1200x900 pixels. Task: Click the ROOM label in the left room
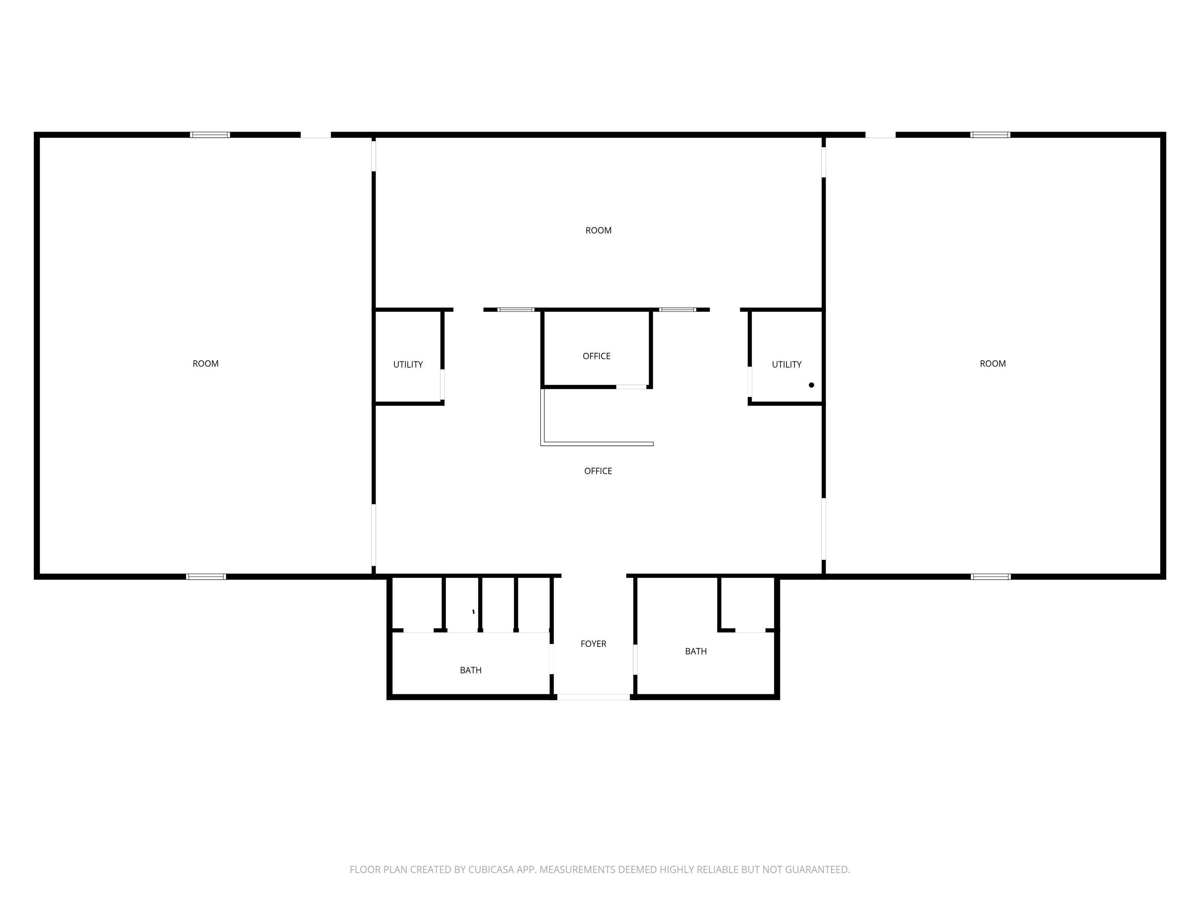(x=205, y=363)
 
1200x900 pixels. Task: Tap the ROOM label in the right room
(x=992, y=363)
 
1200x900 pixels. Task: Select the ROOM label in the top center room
(x=598, y=230)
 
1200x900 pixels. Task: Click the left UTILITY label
(x=408, y=364)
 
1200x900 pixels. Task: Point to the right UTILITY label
(x=786, y=364)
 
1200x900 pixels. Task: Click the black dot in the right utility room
(x=811, y=385)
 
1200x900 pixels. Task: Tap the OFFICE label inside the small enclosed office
(x=596, y=356)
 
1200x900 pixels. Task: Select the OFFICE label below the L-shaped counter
(x=598, y=471)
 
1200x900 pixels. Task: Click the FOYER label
(x=593, y=643)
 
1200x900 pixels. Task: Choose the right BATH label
(x=695, y=651)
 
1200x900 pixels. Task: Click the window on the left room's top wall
(x=210, y=134)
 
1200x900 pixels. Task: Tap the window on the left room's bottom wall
(x=206, y=576)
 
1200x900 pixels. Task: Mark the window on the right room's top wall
(x=990, y=134)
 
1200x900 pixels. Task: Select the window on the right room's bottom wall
(x=991, y=576)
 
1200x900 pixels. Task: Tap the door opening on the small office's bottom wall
(x=631, y=387)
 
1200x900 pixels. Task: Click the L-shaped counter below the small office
(x=597, y=444)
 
